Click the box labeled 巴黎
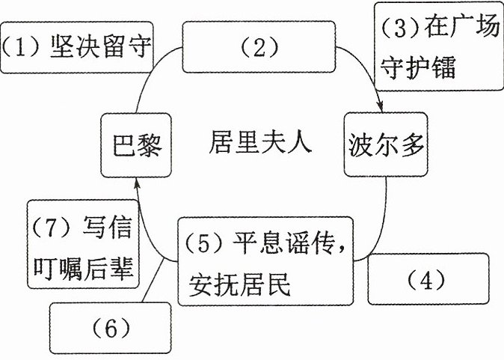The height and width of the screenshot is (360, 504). tap(136, 145)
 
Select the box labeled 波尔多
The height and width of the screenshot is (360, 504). tap(386, 144)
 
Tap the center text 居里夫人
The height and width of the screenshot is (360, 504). tap(260, 142)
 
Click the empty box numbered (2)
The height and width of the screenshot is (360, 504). tap(259, 47)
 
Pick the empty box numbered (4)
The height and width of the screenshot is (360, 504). tap(428, 279)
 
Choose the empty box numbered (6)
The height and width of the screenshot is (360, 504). tap(110, 328)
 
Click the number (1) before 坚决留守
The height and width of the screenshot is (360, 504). tap(21, 47)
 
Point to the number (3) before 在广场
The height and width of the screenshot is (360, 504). tap(401, 28)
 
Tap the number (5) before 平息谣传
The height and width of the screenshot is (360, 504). tap(204, 244)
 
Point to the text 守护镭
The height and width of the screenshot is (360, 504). tap(418, 67)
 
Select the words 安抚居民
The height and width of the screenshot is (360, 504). tap(239, 284)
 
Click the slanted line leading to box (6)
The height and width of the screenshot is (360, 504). tap(153, 281)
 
